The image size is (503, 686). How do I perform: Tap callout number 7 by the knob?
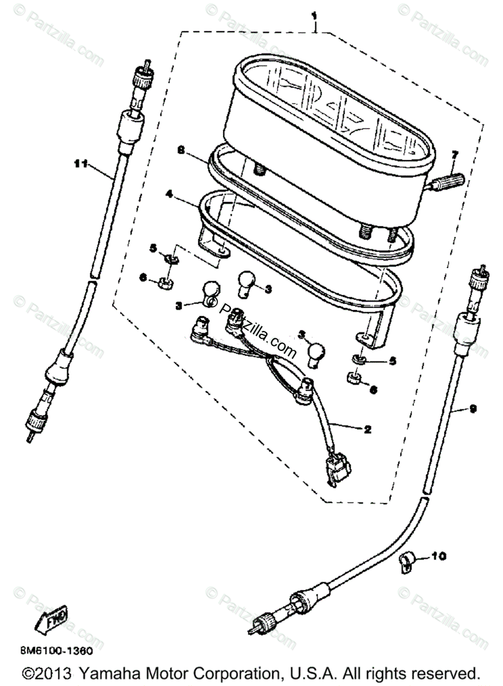[x=455, y=154]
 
